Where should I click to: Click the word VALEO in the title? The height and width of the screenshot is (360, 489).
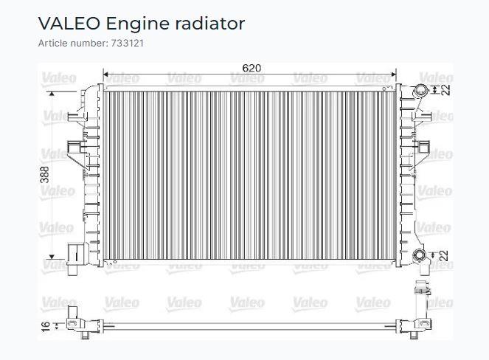(x=69, y=24)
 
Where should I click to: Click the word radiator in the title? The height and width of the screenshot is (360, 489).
(x=210, y=24)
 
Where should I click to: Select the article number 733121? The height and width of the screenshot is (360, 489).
(x=128, y=43)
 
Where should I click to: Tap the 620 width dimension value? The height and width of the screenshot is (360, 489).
(x=252, y=68)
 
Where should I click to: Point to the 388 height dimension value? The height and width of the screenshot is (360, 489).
(x=45, y=175)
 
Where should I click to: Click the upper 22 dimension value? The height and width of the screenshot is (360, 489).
(x=445, y=90)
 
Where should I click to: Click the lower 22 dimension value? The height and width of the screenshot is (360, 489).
(x=445, y=255)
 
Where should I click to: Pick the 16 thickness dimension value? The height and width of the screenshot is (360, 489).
(x=46, y=326)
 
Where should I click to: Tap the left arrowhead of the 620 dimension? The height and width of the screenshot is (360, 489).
(x=105, y=75)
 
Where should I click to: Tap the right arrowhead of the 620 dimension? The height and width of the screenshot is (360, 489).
(x=393, y=75)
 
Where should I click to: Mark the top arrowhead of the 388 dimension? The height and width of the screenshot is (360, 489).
(x=52, y=94)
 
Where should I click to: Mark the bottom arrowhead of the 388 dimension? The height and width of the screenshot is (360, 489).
(x=52, y=257)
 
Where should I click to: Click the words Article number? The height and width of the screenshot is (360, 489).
(x=74, y=43)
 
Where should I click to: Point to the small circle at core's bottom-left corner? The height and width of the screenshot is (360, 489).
(x=115, y=262)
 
